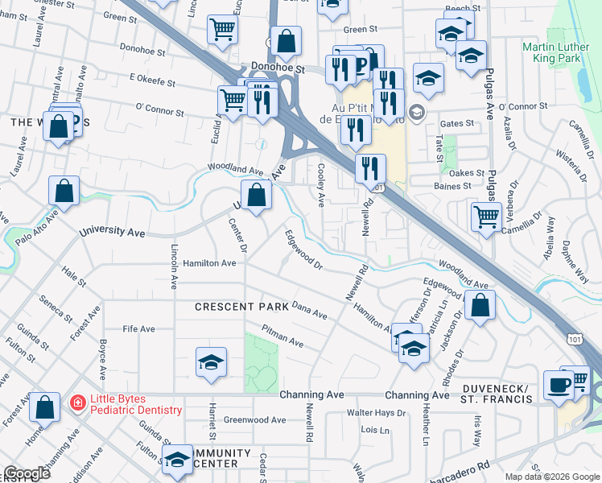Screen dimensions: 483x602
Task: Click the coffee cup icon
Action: tap(558, 384)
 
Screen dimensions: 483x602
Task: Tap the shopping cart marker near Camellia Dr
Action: tap(486, 216)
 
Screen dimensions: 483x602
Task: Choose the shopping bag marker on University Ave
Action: tap(256, 196)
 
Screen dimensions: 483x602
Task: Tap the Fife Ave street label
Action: tap(138, 329)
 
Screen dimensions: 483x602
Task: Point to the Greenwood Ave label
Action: tap(254, 420)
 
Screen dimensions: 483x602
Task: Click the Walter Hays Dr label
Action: tap(376, 413)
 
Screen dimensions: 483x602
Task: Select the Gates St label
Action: tap(457, 124)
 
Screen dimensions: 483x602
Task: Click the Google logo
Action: tap(27, 473)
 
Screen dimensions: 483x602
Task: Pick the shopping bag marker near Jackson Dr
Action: tap(480, 306)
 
